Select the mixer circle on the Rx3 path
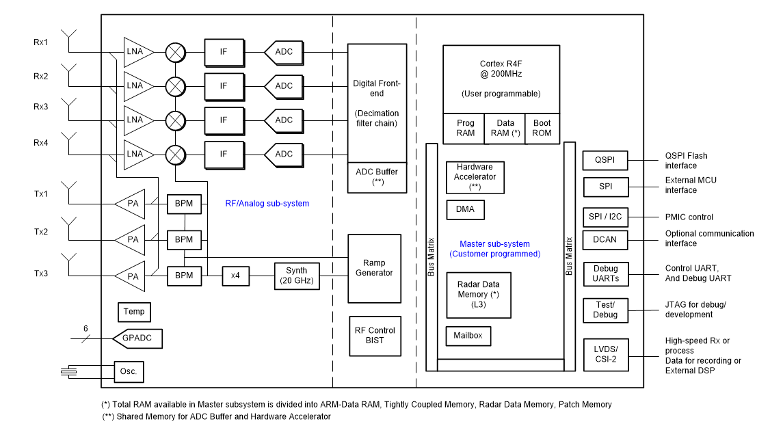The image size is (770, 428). (176, 120)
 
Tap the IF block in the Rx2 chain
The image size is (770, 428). (224, 86)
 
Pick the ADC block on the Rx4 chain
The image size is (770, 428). (282, 155)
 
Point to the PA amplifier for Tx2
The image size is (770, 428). (131, 240)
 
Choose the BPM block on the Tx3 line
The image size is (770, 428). (185, 276)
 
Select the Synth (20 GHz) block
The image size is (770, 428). (297, 276)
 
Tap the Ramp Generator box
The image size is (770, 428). (374, 268)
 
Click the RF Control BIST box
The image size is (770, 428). (374, 335)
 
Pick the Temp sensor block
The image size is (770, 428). (134, 312)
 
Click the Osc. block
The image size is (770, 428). (129, 372)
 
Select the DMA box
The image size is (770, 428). (465, 210)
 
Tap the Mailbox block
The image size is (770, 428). (468, 336)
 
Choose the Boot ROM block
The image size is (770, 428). (542, 129)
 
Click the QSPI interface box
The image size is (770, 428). (605, 161)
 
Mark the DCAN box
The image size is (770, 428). (605, 240)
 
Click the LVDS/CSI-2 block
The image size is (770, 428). (605, 355)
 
